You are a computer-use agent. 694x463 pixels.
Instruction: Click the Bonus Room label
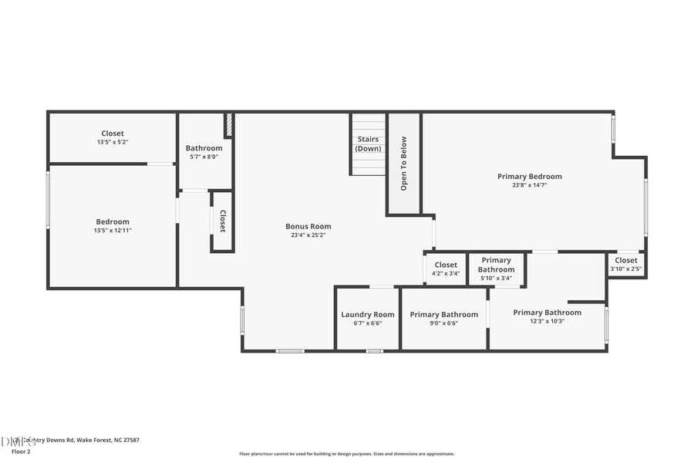(x=308, y=226)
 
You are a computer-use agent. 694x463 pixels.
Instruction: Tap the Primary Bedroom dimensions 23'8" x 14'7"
(x=529, y=185)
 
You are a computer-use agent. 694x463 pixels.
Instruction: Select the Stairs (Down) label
(x=369, y=144)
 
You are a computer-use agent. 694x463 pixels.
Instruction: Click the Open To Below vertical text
(x=403, y=164)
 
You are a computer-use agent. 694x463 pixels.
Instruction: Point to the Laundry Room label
(x=368, y=314)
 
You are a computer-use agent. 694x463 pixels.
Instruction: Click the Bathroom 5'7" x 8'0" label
(x=204, y=148)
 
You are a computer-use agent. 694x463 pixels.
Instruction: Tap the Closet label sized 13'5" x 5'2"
(x=112, y=133)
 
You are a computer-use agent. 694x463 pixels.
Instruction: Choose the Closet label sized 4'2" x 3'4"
(x=446, y=265)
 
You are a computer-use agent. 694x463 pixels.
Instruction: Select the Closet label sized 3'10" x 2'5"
(x=626, y=260)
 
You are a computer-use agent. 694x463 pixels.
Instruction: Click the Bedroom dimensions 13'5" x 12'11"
(x=113, y=231)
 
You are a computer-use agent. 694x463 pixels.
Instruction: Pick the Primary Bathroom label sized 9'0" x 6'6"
(x=443, y=314)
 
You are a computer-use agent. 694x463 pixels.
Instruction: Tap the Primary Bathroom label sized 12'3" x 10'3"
(x=547, y=313)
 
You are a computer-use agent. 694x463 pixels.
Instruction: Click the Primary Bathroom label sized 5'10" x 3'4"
(x=496, y=265)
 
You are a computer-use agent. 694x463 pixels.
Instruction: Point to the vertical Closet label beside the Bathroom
(x=223, y=221)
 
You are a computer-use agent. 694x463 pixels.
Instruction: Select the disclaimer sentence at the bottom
(x=346, y=454)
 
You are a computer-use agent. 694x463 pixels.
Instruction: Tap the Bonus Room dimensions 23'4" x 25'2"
(x=308, y=235)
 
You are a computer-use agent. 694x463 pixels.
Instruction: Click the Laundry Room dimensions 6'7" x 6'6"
(x=368, y=323)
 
